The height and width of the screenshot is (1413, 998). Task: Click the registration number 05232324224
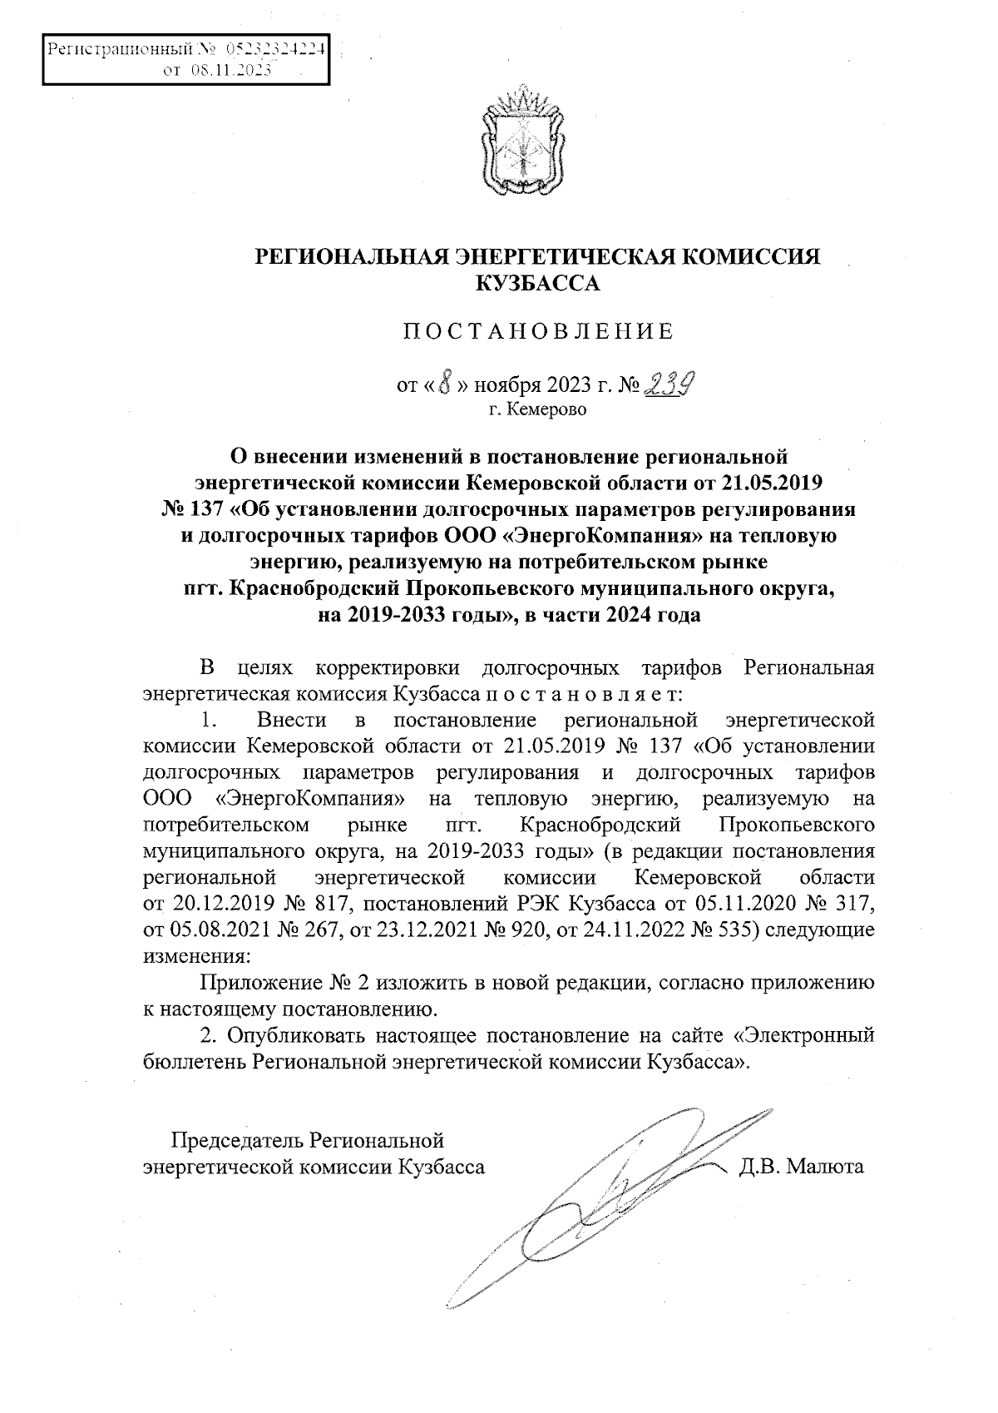[276, 49]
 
